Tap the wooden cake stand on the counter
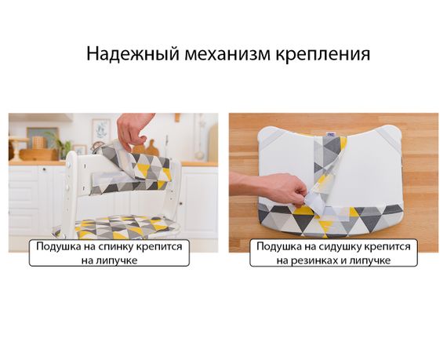(x=17, y=148)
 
